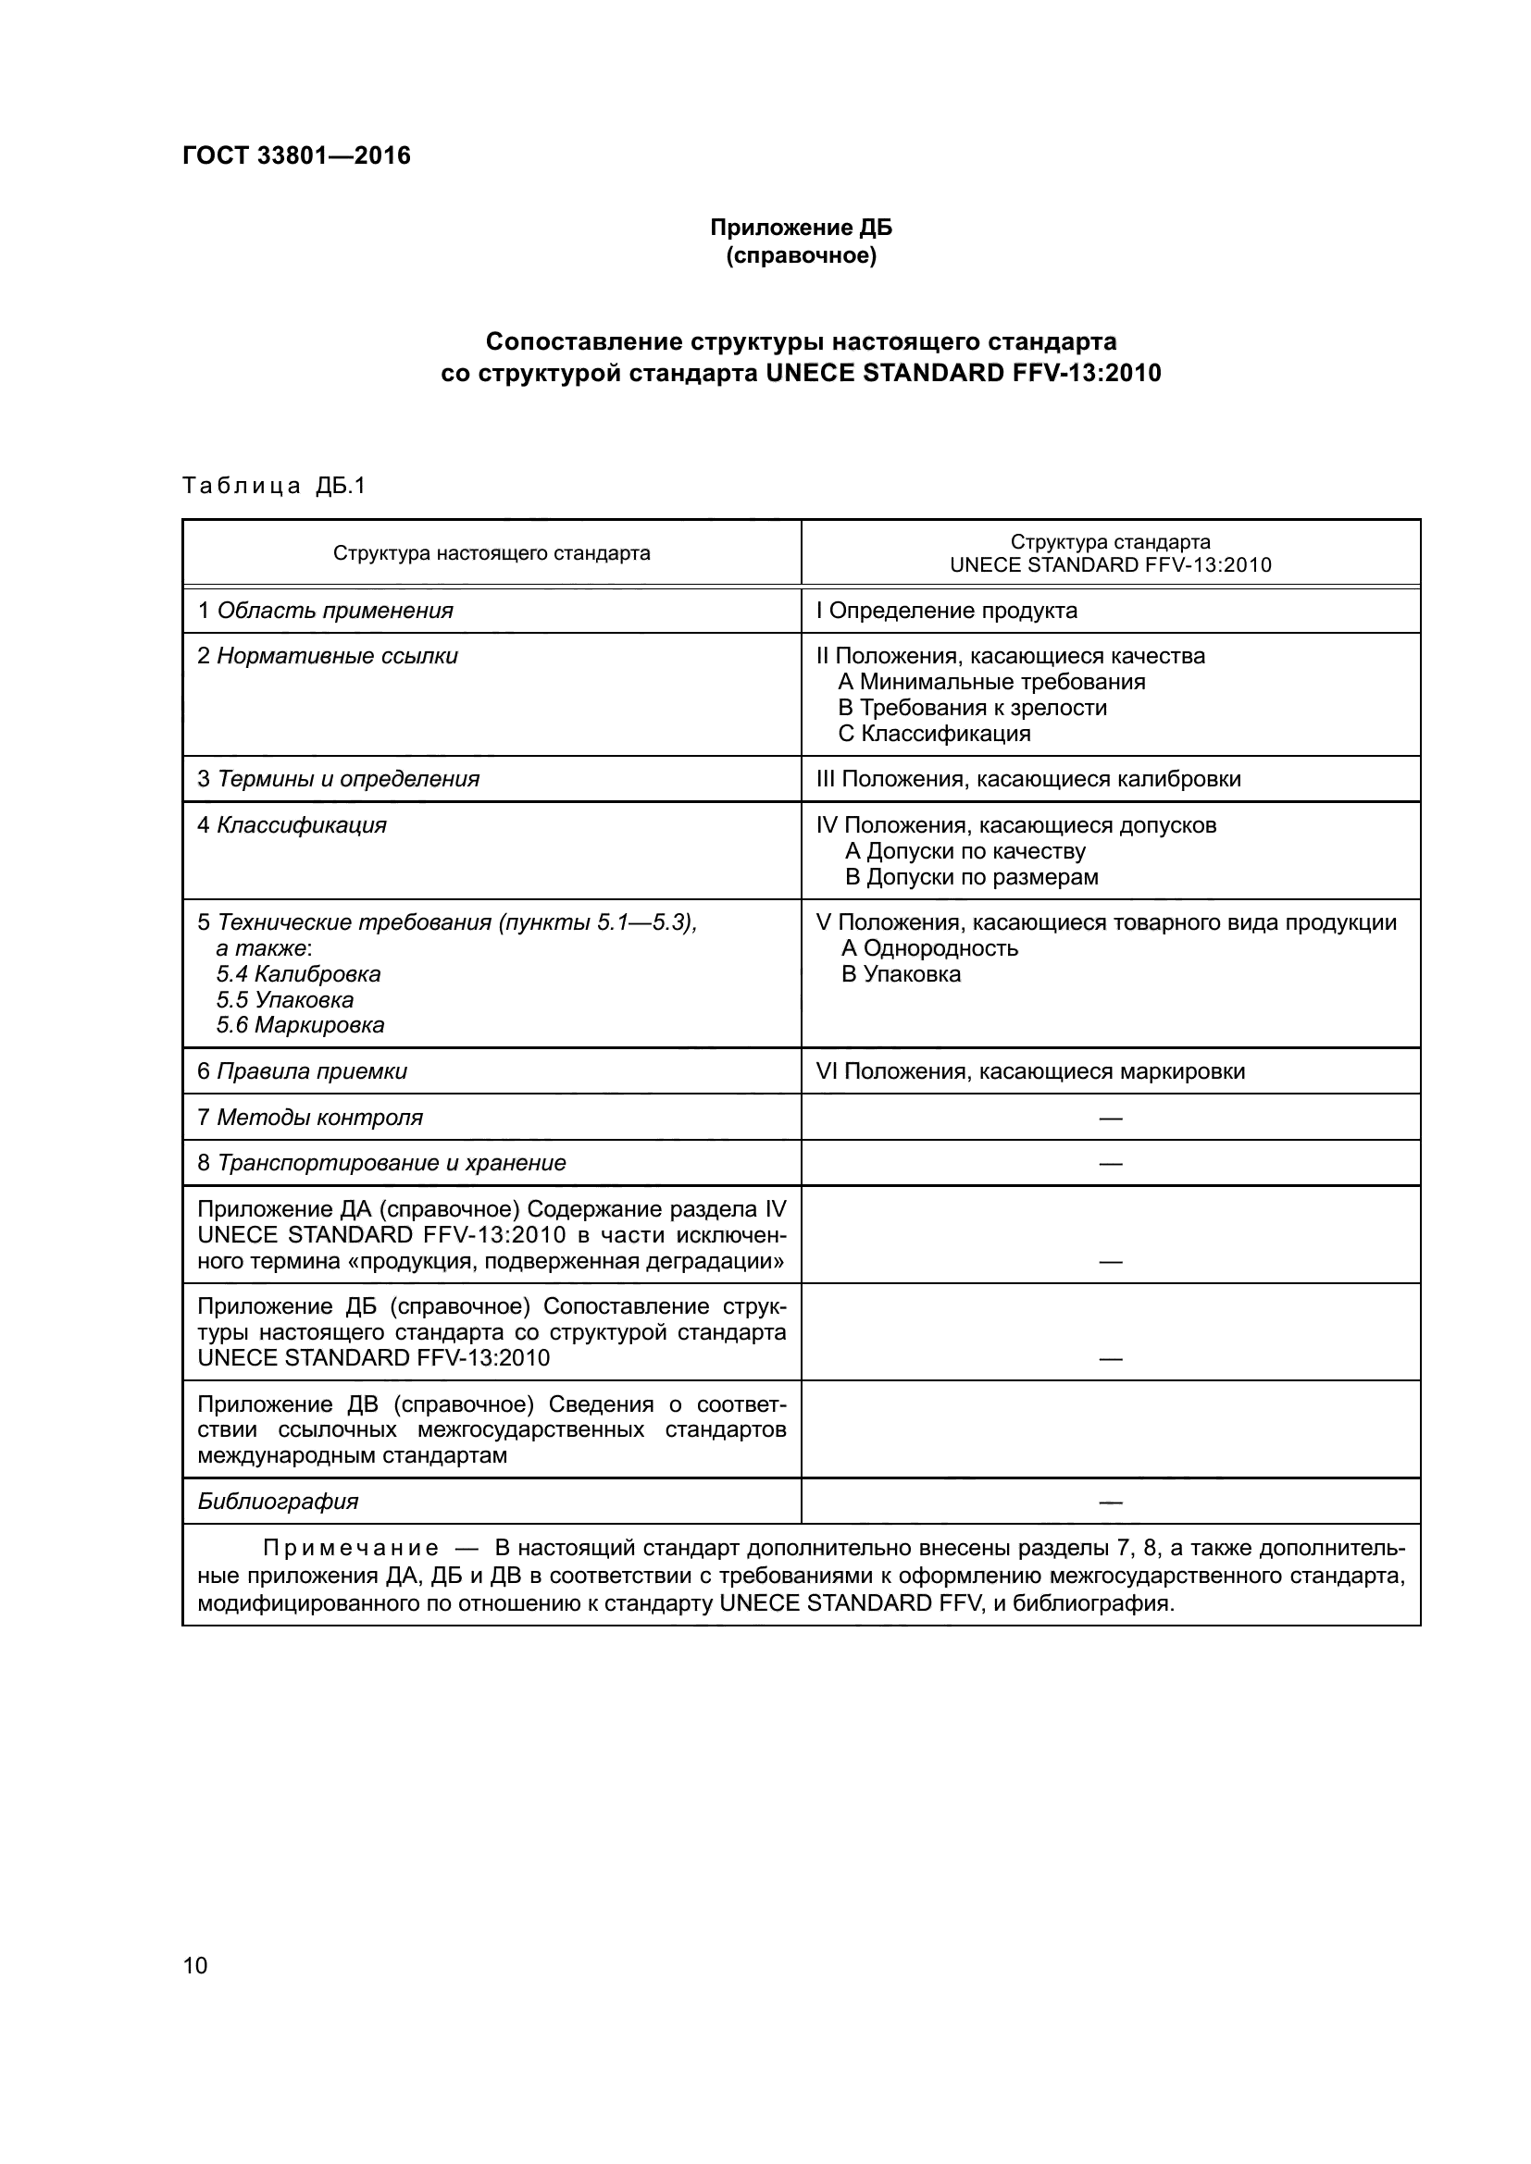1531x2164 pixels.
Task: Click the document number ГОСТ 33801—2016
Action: [x=296, y=155]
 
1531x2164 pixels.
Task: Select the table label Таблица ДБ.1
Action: [x=273, y=486]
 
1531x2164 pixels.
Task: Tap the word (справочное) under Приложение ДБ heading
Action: [x=801, y=255]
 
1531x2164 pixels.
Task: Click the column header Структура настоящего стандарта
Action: [x=492, y=553]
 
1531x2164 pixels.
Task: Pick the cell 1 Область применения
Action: [x=325, y=611]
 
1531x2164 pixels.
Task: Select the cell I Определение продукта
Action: [x=947, y=611]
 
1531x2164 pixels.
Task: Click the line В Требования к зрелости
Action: [x=972, y=708]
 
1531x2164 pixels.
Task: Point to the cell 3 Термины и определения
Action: [x=339, y=779]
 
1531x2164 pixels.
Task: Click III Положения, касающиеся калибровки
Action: [x=1028, y=779]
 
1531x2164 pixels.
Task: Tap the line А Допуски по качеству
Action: [x=965, y=851]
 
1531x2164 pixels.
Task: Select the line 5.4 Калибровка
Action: [x=299, y=973]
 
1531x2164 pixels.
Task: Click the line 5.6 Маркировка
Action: [x=301, y=1025]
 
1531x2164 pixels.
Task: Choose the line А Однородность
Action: [x=929, y=948]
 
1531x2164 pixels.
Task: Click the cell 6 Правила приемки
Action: [x=303, y=1071]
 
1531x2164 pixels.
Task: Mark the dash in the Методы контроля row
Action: [x=1111, y=1118]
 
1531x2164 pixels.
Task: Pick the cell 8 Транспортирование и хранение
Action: [x=381, y=1163]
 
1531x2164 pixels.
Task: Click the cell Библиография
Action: [x=278, y=1502]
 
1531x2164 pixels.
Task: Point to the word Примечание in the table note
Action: [x=351, y=1549]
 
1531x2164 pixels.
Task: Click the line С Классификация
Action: [x=934, y=734]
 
